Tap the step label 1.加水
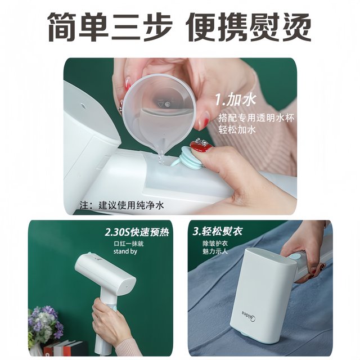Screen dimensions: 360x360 coord(236,100)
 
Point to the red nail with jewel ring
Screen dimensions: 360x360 coord(200,147)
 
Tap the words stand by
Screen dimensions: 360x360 coord(125,252)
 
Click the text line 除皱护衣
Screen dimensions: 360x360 coord(216,244)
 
